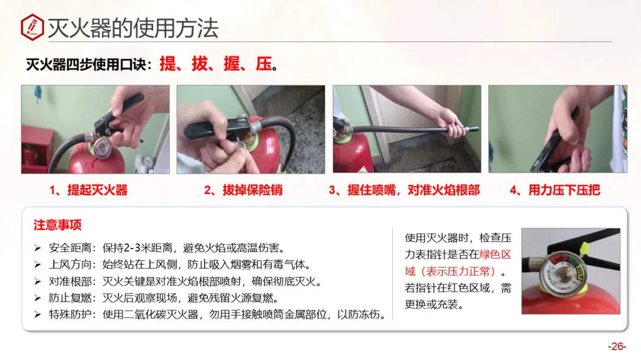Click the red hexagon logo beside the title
[x=32, y=27]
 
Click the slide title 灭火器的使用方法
[x=134, y=28]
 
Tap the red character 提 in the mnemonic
[x=167, y=63]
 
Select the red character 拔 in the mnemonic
[x=200, y=63]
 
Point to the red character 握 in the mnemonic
[x=232, y=63]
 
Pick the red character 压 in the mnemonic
[x=264, y=63]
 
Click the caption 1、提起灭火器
[x=88, y=190]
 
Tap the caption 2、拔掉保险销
[x=243, y=190]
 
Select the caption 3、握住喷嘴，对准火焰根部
[x=404, y=190]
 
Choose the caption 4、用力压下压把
[x=555, y=190]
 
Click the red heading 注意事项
[x=58, y=225]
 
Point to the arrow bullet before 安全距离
[x=37, y=248]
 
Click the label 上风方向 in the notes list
[x=70, y=265]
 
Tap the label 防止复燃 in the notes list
[x=70, y=298]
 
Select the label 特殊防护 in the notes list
[x=70, y=315]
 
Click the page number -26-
[x=617, y=346]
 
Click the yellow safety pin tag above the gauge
[x=585, y=248]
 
